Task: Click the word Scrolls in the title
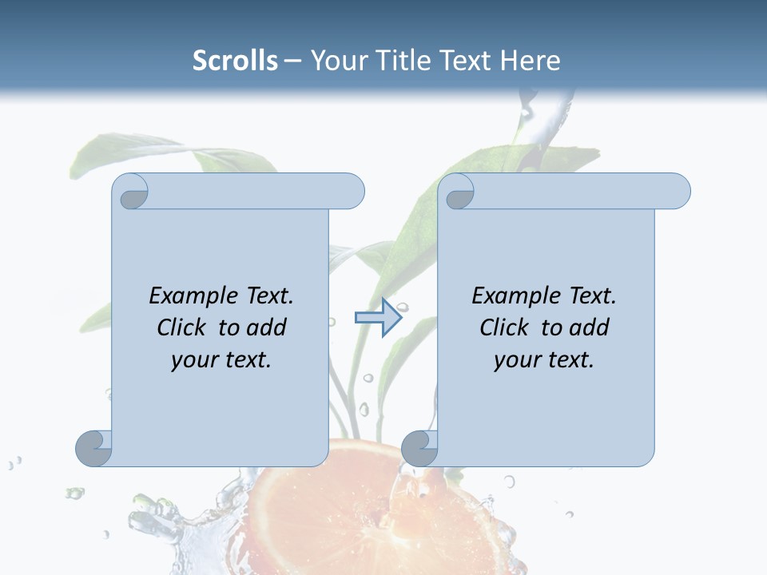[x=236, y=61]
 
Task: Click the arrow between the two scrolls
[x=378, y=318]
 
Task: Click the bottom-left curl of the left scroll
[x=93, y=448]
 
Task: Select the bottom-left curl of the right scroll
[x=419, y=448]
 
